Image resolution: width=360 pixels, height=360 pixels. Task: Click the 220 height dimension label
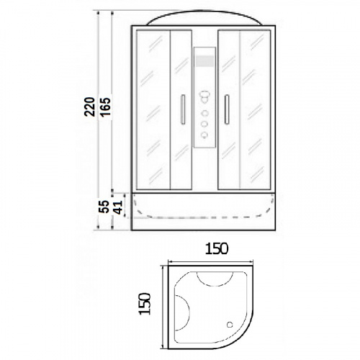(x=89, y=107)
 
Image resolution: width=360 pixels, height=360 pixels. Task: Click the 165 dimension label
(x=105, y=107)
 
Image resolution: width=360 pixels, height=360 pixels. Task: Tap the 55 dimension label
(x=104, y=207)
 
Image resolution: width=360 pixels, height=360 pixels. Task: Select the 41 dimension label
(x=117, y=207)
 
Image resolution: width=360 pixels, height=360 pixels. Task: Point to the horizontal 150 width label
(x=217, y=248)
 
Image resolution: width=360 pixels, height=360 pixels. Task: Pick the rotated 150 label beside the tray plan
(x=145, y=304)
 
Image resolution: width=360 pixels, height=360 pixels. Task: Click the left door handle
(x=183, y=109)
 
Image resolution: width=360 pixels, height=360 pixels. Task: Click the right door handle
(x=227, y=109)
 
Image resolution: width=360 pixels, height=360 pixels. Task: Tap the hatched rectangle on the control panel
(x=204, y=60)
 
